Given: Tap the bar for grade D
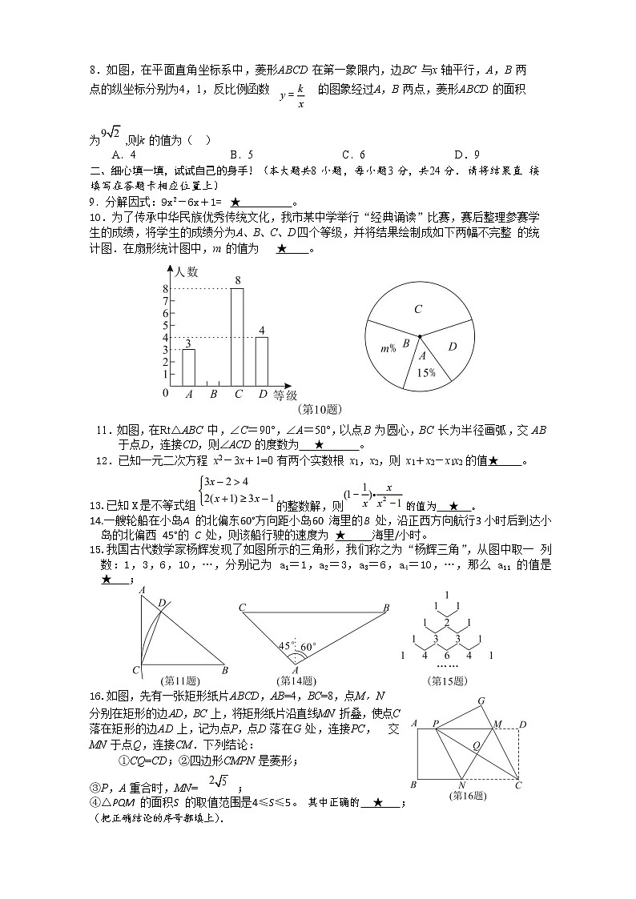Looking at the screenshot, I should (x=261, y=360).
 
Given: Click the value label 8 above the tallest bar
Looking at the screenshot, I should (x=238, y=280).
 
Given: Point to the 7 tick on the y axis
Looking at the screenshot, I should (x=166, y=301).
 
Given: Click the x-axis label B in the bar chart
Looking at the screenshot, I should (x=213, y=394).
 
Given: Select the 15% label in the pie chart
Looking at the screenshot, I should (x=425, y=372).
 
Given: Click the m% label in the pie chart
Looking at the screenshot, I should (x=388, y=348).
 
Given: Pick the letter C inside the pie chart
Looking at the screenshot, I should (x=418, y=309).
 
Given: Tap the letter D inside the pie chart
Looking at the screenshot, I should (x=452, y=347).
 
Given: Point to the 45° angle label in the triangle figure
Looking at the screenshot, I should (x=284, y=644).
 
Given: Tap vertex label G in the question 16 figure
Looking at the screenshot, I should (x=481, y=701).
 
